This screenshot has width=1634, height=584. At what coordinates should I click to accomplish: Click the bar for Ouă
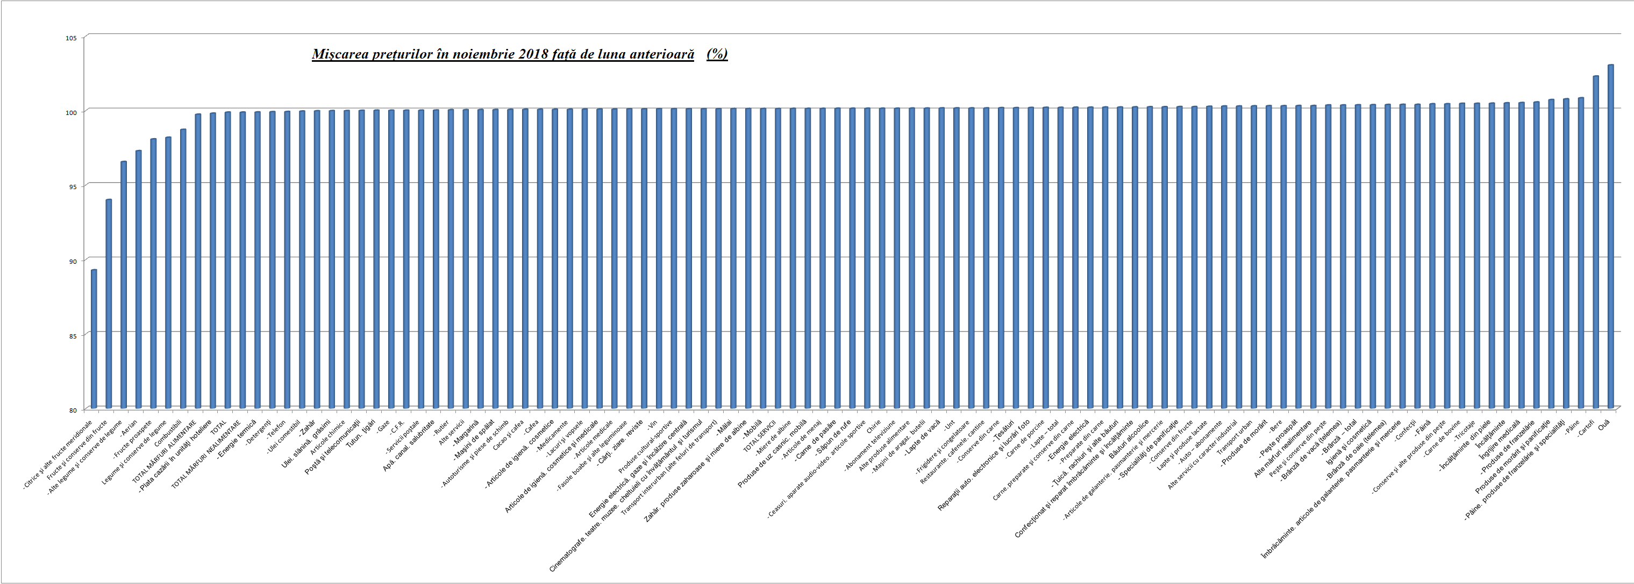[x=1610, y=236]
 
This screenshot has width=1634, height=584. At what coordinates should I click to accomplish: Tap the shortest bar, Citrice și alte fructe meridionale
[x=94, y=338]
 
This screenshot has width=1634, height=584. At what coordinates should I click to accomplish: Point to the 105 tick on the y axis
[x=71, y=38]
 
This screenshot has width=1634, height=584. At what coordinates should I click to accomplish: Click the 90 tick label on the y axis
[x=72, y=261]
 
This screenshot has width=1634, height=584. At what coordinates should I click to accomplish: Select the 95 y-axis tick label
[x=72, y=186]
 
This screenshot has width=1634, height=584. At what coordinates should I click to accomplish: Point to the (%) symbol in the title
[x=717, y=54]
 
